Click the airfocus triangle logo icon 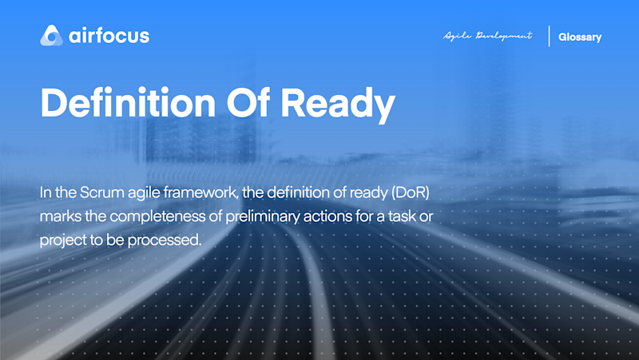click(51, 35)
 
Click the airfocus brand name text click(109, 36)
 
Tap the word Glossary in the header click(580, 37)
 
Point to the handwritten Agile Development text click(488, 36)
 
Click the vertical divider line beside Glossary click(549, 36)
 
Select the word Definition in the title click(128, 102)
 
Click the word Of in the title click(248, 102)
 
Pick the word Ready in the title click(338, 105)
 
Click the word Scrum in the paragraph click(102, 192)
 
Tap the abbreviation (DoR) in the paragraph click(411, 192)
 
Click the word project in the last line click(63, 240)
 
